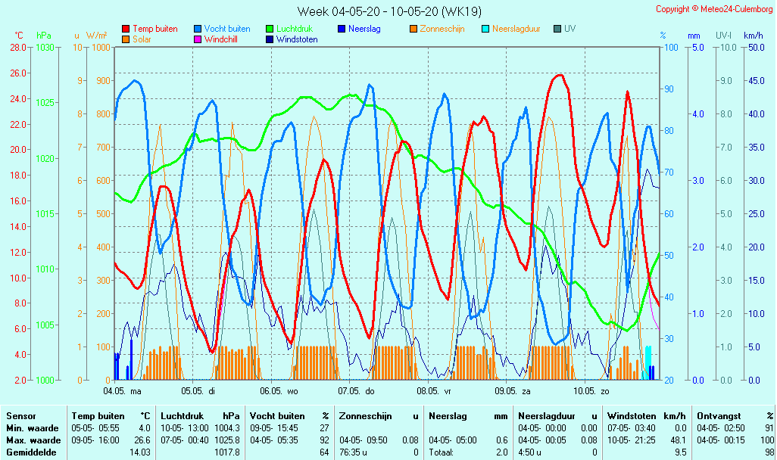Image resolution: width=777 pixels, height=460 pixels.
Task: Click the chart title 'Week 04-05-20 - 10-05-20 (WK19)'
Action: (x=388, y=11)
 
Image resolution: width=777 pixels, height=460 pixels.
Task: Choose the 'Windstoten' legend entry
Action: (x=296, y=39)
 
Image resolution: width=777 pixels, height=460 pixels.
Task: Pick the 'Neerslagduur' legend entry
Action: (x=516, y=29)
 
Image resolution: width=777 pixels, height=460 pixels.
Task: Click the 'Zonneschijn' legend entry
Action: (x=442, y=29)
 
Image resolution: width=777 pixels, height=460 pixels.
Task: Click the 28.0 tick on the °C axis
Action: (x=18, y=47)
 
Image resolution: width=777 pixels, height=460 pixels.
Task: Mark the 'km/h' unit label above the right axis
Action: (x=753, y=36)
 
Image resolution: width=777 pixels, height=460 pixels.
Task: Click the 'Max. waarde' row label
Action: (x=33, y=440)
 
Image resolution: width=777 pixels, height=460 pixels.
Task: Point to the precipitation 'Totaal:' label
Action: (x=442, y=452)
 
